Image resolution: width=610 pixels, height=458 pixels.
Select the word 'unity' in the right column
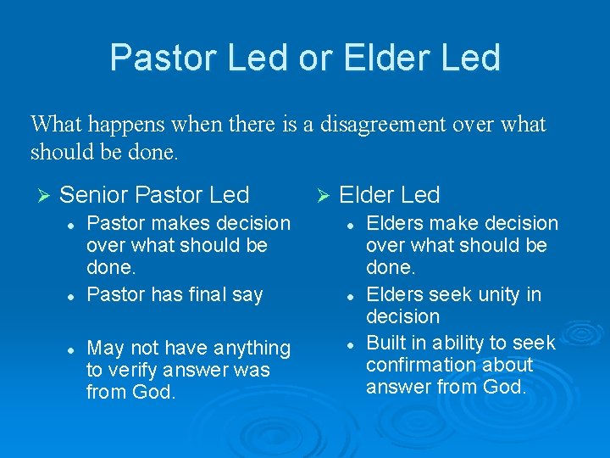[495, 294]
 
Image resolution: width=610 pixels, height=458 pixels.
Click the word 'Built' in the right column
[386, 343]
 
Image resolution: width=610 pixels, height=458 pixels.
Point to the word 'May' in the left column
[106, 348]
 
